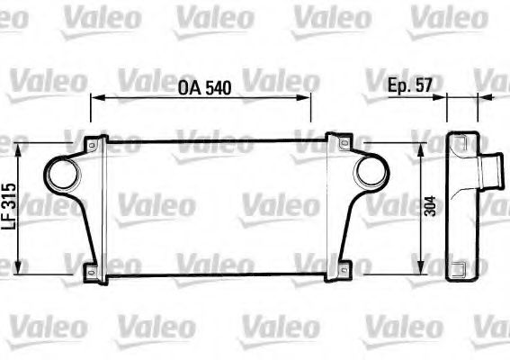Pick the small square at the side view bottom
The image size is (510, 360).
point(459,267)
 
